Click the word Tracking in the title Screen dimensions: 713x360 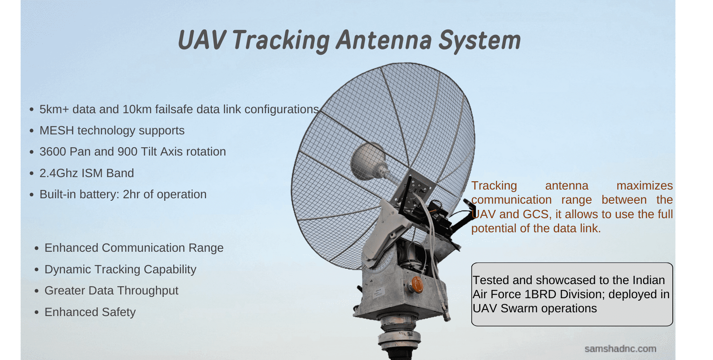281,41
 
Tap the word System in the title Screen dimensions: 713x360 480,41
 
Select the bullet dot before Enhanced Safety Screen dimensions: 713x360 37,312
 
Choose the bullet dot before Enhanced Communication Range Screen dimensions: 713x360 37,248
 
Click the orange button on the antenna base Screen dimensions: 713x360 416,285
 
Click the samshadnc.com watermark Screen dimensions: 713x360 620,349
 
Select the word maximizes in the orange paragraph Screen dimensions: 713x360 645,185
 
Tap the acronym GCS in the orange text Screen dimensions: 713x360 536,214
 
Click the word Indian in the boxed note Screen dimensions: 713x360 648,280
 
